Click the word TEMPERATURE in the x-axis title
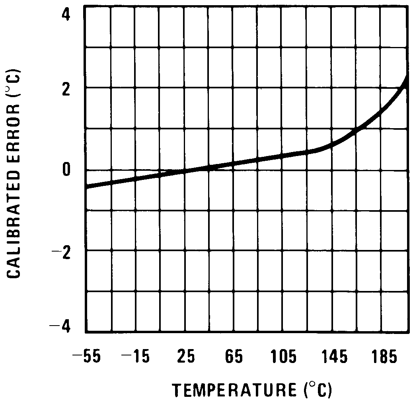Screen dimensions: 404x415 click(235, 390)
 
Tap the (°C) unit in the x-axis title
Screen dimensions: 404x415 click(317, 390)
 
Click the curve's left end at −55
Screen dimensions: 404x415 click(87, 186)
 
